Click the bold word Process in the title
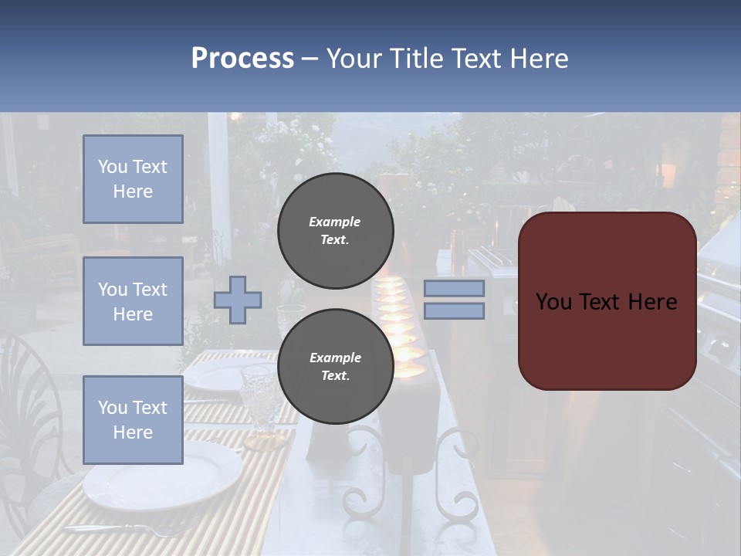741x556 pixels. point(242,58)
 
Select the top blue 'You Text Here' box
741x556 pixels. point(133,179)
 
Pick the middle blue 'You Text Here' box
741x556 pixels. point(133,301)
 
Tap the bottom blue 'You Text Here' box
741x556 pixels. point(133,420)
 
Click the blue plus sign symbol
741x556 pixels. point(238,300)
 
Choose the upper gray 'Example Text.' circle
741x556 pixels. point(335,231)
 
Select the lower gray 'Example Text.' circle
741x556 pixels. point(335,367)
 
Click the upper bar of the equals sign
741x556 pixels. point(454,288)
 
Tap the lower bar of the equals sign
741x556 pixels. point(454,310)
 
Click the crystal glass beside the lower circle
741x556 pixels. point(259,402)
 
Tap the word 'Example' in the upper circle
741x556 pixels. point(335,222)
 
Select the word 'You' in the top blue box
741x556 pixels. point(113,167)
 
